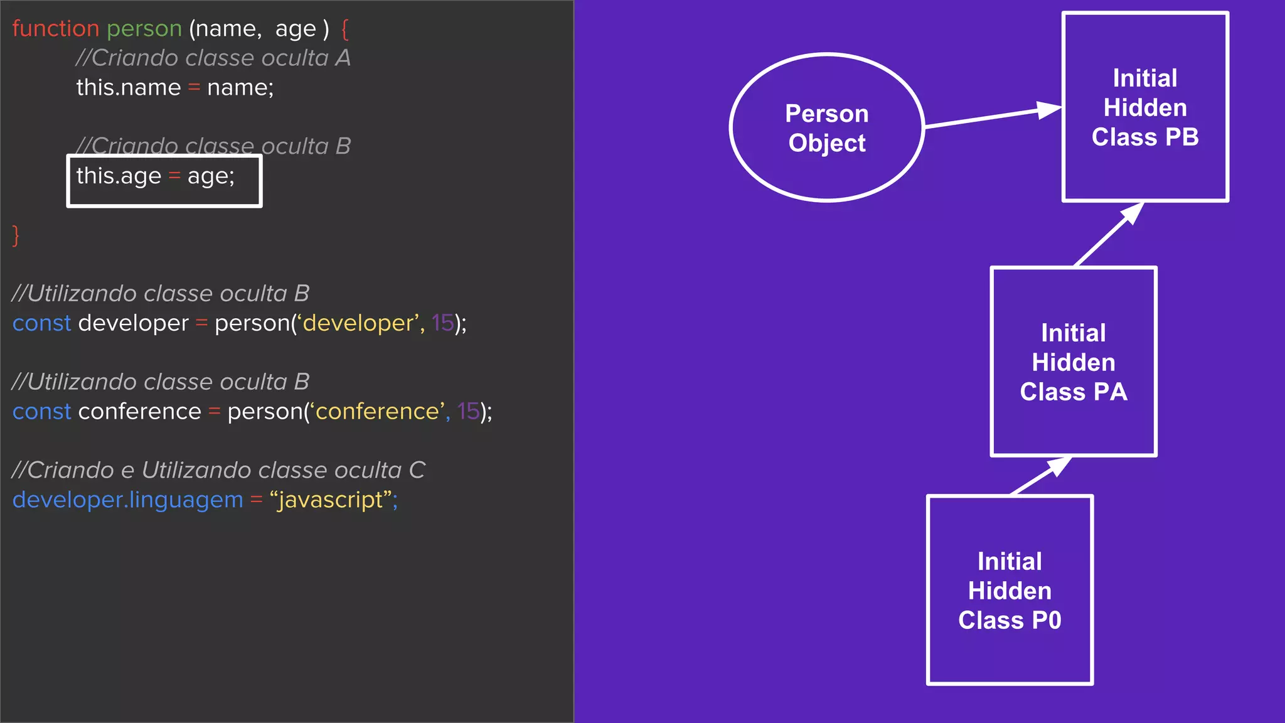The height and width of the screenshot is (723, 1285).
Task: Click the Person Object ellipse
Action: (826, 127)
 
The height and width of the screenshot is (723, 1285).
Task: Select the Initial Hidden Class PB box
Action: (1145, 107)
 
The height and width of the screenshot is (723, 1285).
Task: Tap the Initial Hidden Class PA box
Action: (1074, 361)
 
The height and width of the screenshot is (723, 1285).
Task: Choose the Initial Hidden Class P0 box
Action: (1010, 590)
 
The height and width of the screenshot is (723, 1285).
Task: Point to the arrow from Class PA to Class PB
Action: (1108, 235)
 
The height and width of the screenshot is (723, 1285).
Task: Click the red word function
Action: (56, 29)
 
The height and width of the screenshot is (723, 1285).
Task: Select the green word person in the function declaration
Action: (144, 29)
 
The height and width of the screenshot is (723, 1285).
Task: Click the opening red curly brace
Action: (344, 29)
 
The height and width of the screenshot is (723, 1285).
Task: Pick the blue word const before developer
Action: (41, 323)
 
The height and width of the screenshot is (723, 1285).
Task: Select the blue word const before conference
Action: (41, 412)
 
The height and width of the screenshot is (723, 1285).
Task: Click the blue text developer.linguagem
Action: (127, 500)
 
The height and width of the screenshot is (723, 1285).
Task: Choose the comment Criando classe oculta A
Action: (213, 58)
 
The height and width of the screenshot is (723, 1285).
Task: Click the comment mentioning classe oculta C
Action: (218, 470)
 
